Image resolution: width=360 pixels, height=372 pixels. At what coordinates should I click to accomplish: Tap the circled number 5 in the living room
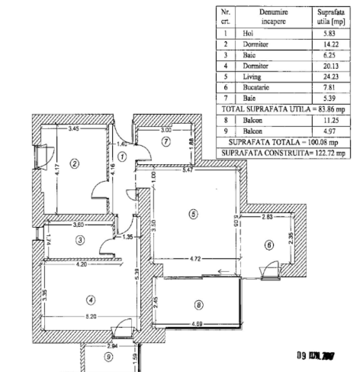tap(193, 214)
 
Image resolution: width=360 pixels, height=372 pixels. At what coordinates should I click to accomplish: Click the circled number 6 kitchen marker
tap(269, 245)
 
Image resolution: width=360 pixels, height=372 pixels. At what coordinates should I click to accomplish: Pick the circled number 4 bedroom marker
tap(90, 300)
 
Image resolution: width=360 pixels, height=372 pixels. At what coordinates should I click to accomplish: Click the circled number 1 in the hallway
tap(122, 157)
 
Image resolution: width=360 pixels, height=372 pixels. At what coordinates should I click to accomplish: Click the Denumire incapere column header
tap(274, 17)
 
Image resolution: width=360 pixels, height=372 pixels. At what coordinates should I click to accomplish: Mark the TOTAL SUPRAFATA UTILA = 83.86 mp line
tap(283, 109)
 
